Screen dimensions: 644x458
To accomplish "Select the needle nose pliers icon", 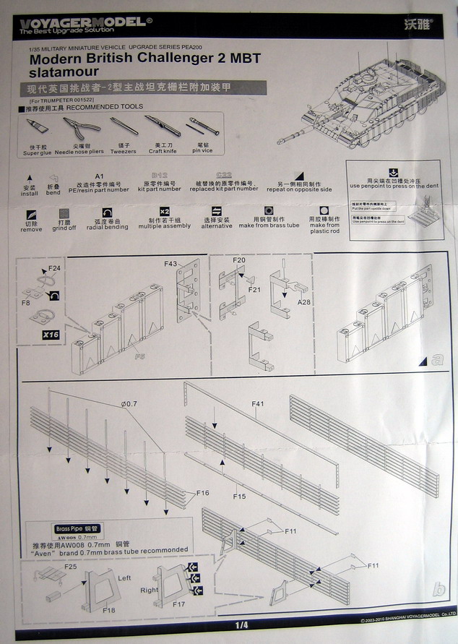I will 80,132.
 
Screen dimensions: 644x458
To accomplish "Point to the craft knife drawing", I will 163,127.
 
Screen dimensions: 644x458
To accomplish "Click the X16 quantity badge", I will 51,334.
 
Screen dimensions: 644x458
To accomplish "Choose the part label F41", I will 259,403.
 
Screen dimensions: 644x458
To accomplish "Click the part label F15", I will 239,498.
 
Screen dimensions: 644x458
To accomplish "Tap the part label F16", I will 203,492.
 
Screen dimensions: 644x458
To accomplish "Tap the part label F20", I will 239,259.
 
